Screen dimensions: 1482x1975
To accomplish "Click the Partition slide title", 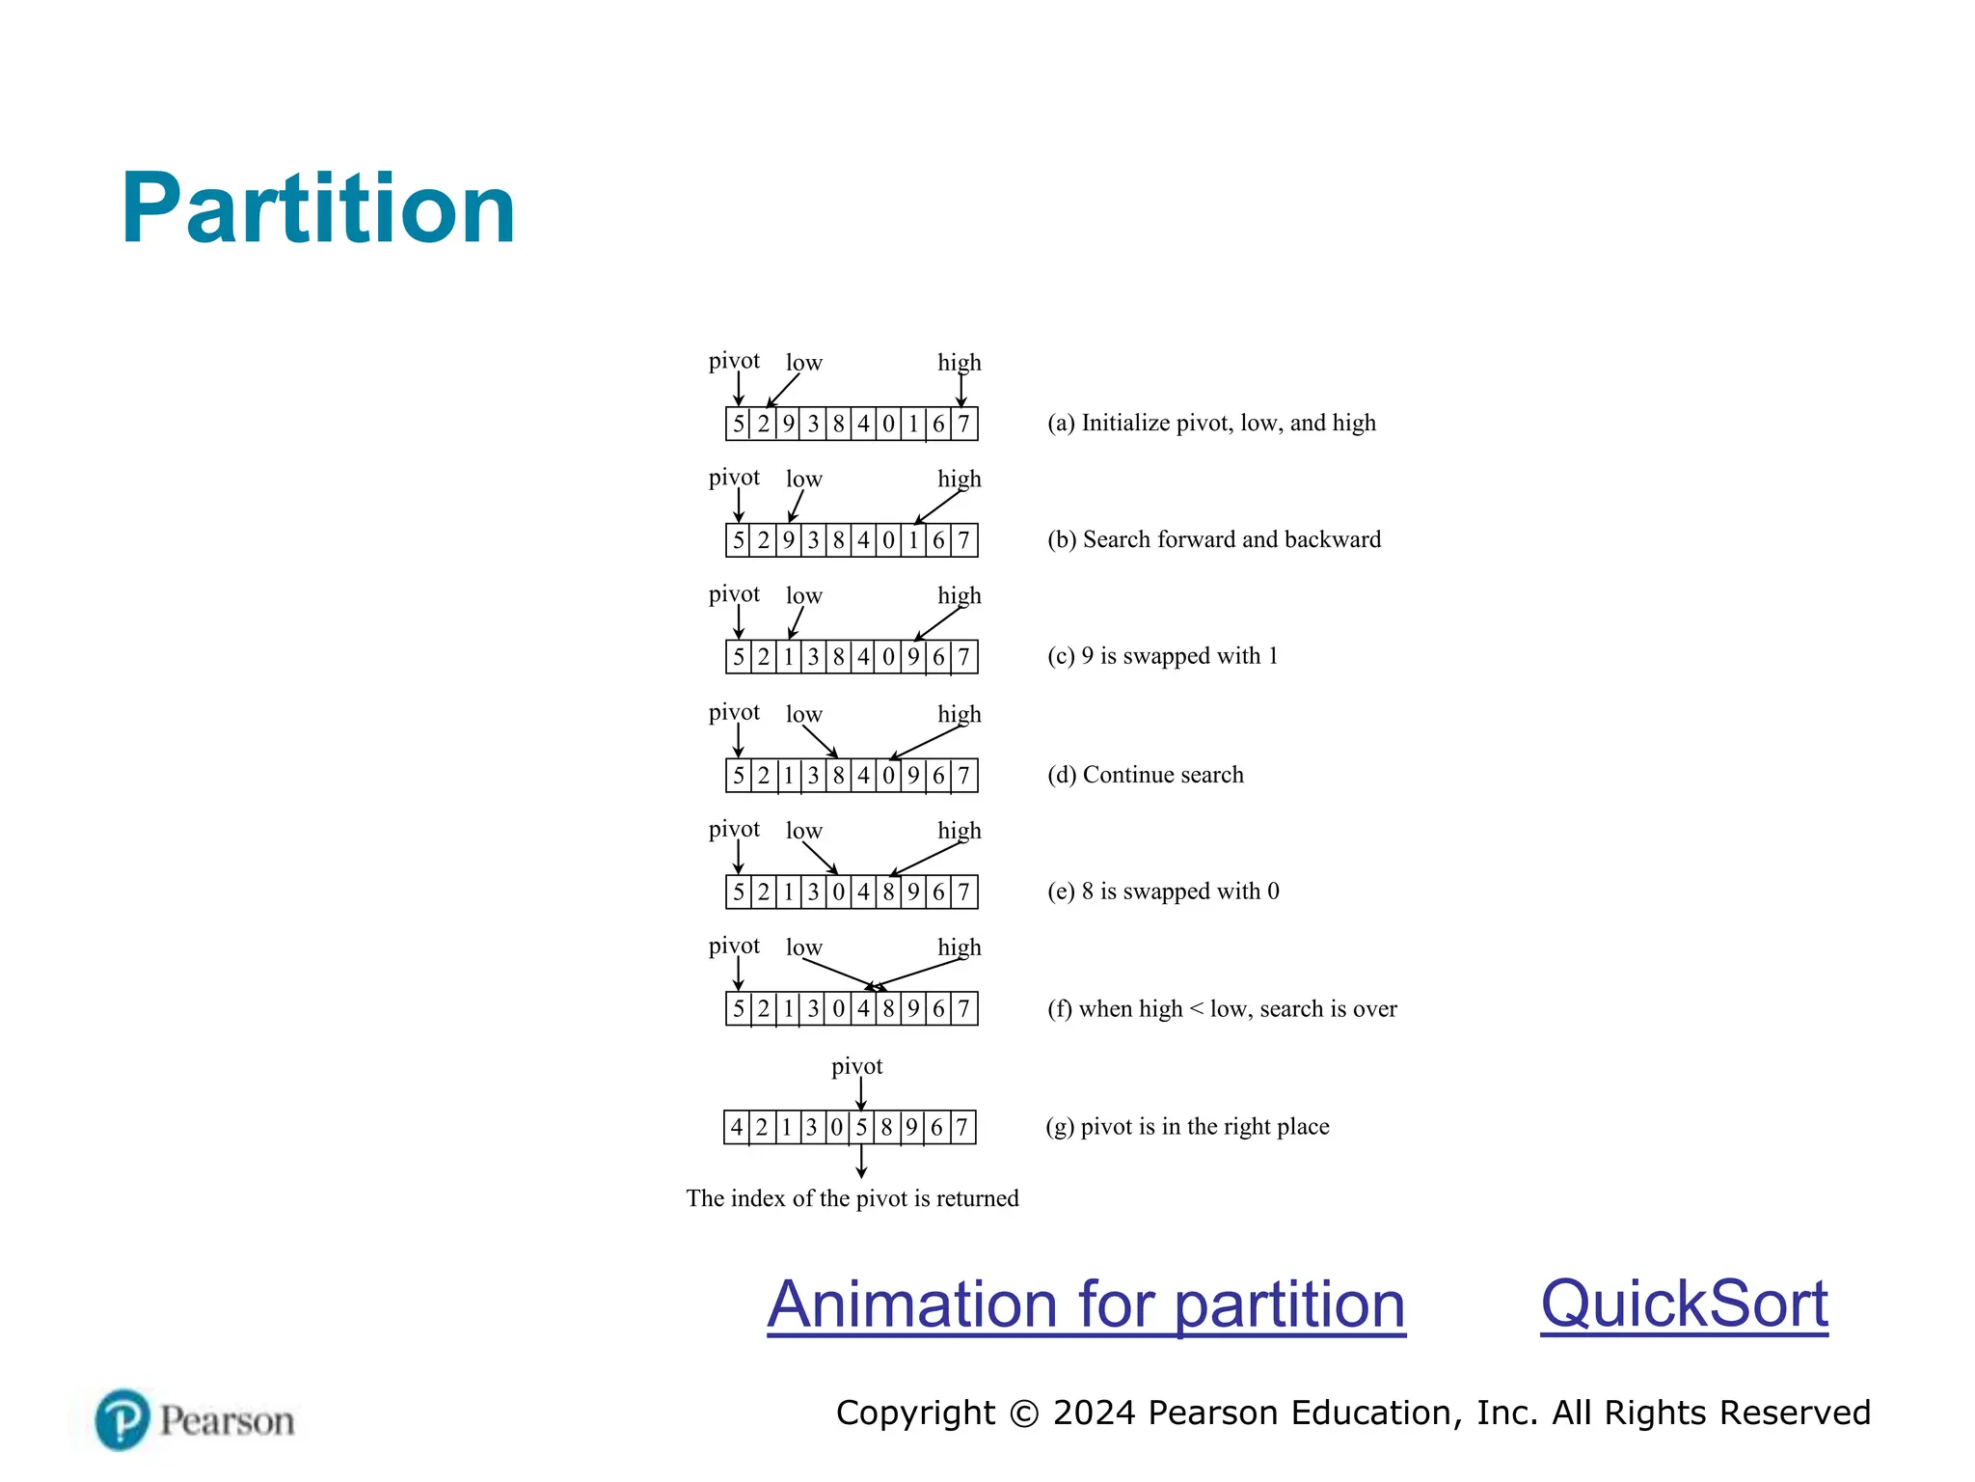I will coord(318,208).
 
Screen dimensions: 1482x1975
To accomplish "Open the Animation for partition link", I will coord(1086,1304).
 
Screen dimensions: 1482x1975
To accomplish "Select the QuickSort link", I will coord(1684,1304).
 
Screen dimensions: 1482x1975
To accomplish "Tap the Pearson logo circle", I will coord(122,1419).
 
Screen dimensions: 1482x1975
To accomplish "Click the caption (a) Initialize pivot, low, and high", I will coord(1211,424).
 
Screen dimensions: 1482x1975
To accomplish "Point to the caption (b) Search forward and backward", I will coord(1214,540).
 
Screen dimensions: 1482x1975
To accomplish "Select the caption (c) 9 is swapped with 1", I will coord(1162,657).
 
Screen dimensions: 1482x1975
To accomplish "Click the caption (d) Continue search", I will coord(1146,775).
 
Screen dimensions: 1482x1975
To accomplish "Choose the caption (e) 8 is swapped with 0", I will coord(1163,892).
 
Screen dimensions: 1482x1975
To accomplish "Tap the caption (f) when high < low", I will coord(1222,1009).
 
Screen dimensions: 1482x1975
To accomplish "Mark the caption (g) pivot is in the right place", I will coord(1187,1127).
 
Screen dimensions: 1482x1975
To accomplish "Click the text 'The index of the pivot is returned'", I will coord(852,1198).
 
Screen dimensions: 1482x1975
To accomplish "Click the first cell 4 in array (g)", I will coord(737,1127).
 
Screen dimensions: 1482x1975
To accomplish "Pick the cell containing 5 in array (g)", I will coord(861,1127).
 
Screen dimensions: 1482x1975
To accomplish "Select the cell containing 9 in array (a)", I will coord(789,425).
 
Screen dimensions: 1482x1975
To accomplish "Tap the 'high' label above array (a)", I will coord(960,363).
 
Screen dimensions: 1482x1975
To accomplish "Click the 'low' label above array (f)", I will coord(803,947).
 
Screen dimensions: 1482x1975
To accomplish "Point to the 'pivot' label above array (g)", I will coord(856,1066).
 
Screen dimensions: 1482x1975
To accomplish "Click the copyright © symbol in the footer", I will coord(1023,1413).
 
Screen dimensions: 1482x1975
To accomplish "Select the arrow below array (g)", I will coord(861,1161).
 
